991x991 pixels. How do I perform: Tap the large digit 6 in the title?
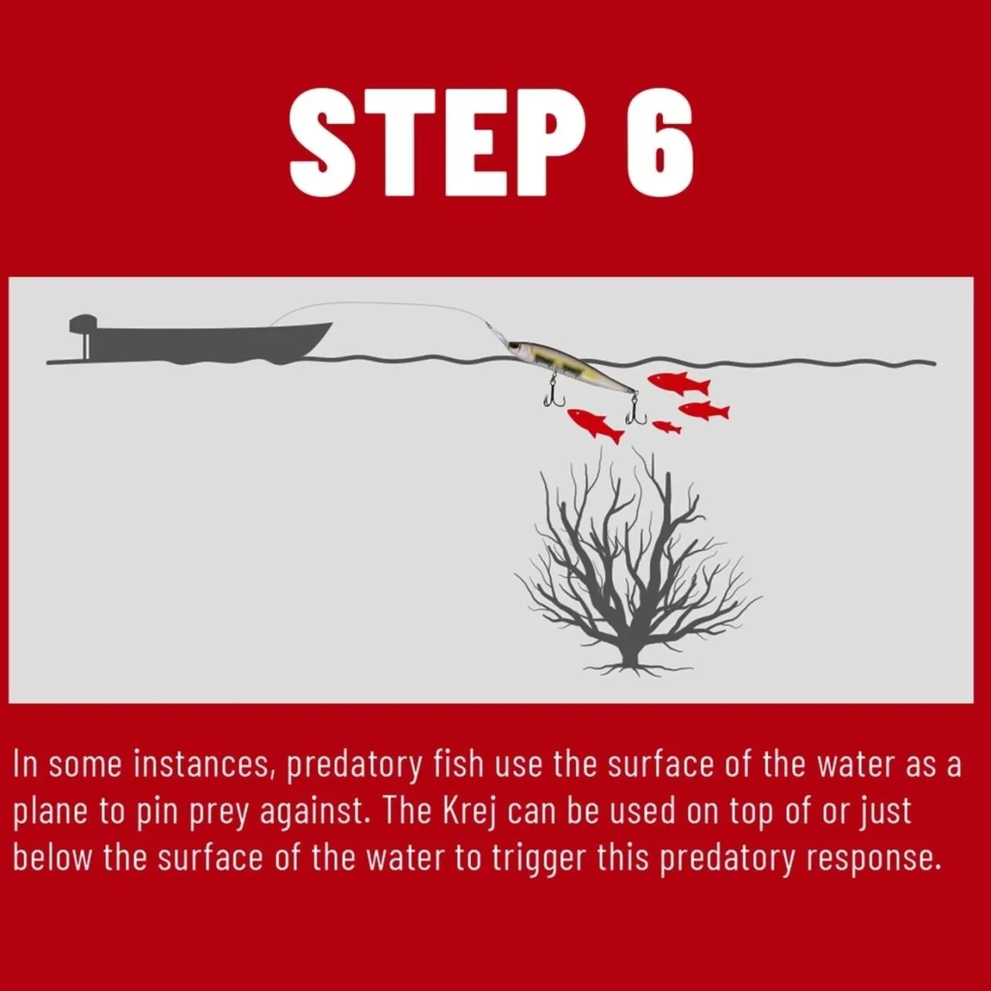(x=660, y=143)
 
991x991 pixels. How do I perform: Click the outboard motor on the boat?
(x=83, y=335)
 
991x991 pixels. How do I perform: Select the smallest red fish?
(x=667, y=427)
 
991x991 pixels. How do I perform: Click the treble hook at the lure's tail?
(x=635, y=412)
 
